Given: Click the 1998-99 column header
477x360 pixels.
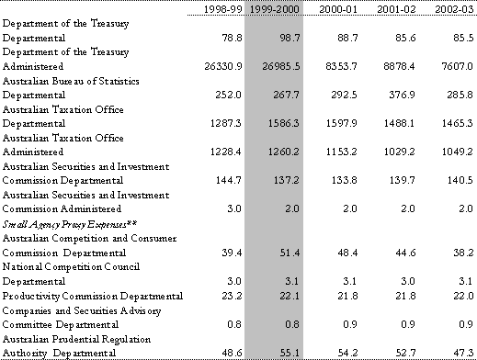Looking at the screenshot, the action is pyautogui.click(x=222, y=9).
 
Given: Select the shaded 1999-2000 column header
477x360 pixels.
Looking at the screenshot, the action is pyautogui.click(x=274, y=9).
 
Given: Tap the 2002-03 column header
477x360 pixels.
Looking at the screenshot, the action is pyautogui.click(x=454, y=9).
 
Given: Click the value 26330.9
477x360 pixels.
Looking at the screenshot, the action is pyautogui.click(x=223, y=66).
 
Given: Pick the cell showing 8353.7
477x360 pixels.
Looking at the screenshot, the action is pyautogui.click(x=341, y=66).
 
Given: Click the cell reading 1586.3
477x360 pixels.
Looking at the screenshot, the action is pyautogui.click(x=284, y=123).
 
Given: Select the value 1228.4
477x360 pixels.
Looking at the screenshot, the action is pyautogui.click(x=226, y=152).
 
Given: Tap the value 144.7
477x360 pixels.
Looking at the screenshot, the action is pyautogui.click(x=229, y=180).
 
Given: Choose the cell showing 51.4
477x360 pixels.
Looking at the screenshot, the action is pyautogui.click(x=290, y=253).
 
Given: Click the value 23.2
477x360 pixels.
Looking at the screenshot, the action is pyautogui.click(x=232, y=296).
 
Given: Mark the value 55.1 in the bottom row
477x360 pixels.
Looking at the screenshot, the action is pyautogui.click(x=290, y=353).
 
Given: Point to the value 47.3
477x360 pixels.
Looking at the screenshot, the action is pyautogui.click(x=463, y=353).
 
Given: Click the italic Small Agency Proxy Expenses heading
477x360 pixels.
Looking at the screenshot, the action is pyautogui.click(x=70, y=225).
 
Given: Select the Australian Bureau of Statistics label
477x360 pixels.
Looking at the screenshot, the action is pyautogui.click(x=71, y=81).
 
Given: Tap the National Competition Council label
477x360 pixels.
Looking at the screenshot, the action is pyautogui.click(x=71, y=267).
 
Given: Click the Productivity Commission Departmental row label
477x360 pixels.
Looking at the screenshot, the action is pyautogui.click(x=93, y=296).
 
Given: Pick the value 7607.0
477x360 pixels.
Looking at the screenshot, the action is pyautogui.click(x=458, y=66).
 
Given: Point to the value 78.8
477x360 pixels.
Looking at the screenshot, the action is pyautogui.click(x=232, y=38).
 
